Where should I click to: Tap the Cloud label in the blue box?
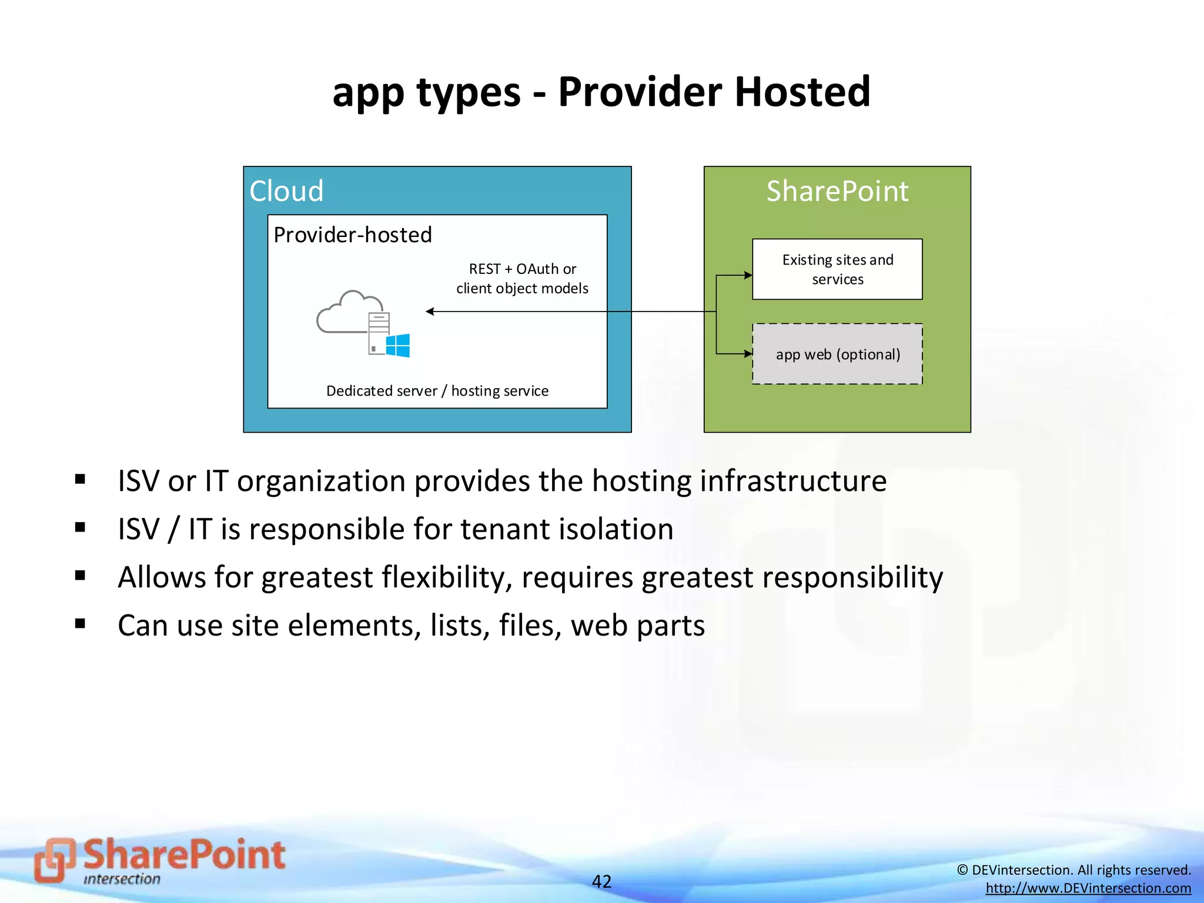tap(286, 191)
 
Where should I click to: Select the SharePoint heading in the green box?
tap(837, 191)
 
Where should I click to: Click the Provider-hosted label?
tap(353, 235)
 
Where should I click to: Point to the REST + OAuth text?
tap(522, 269)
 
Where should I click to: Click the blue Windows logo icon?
tap(398, 346)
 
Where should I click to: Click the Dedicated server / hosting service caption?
tap(437, 391)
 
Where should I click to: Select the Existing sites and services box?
tap(837, 269)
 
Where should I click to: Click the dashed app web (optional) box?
tap(837, 354)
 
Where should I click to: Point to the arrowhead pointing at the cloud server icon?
tap(430, 312)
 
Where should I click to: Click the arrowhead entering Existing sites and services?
tap(748, 275)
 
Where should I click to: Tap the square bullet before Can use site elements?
tap(81, 624)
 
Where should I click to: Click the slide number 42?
tap(601, 881)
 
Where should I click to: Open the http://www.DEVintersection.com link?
tap(1088, 888)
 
